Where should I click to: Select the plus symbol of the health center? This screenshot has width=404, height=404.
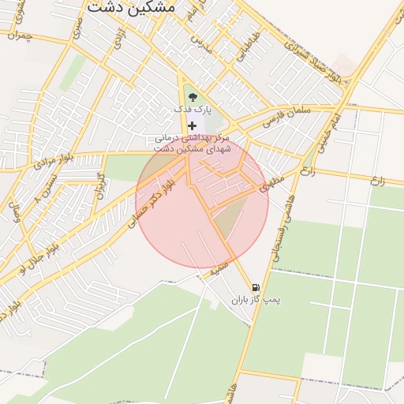(193, 125)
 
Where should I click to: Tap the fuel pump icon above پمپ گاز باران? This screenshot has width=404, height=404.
(255, 288)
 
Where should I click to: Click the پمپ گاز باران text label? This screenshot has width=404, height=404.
(256, 301)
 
